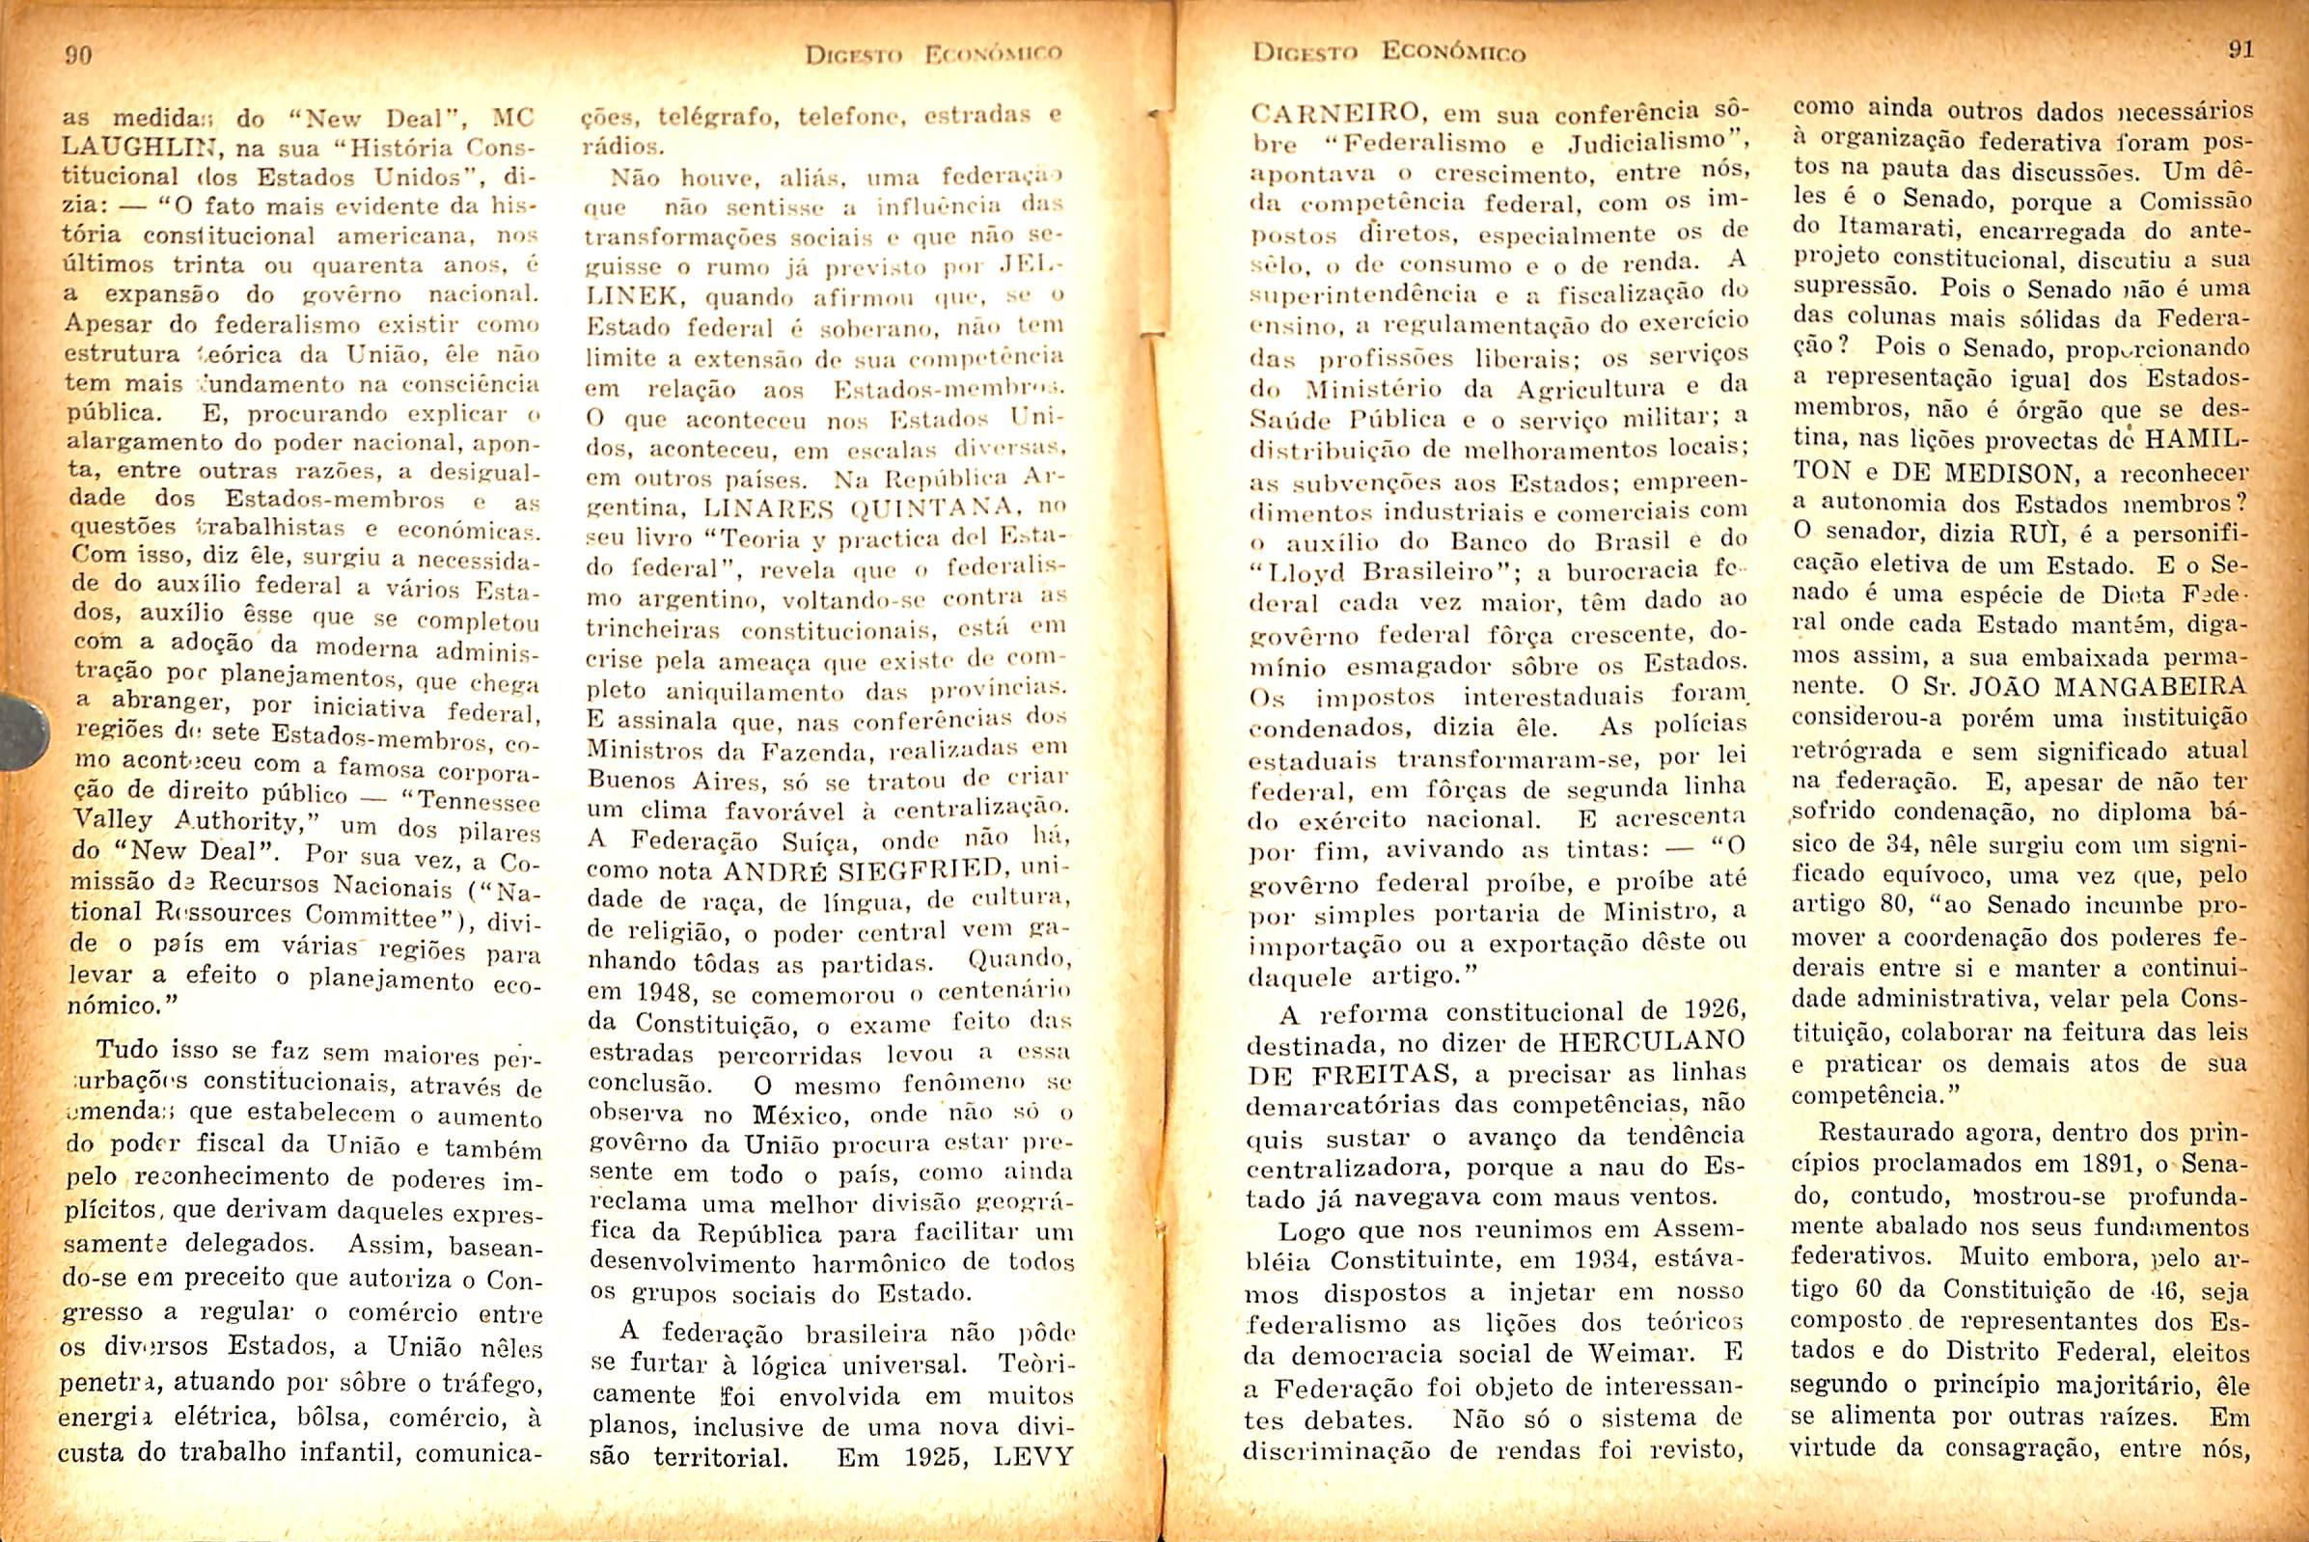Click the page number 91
[2240, 49]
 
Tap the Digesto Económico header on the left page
[933, 55]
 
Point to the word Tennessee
[480, 802]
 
